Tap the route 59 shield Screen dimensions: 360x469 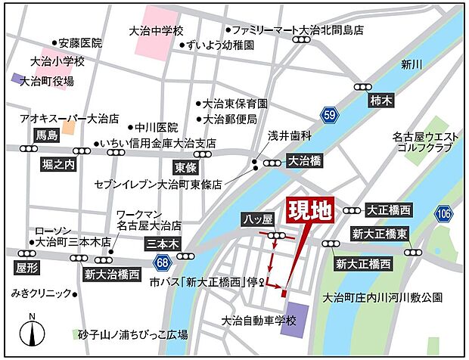click(328, 115)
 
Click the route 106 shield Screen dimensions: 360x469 click(443, 214)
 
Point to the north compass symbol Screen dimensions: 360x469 click(32, 331)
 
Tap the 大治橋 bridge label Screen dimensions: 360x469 click(305, 161)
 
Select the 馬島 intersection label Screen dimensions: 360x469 click(47, 136)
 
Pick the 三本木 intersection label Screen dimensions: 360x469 click(162, 244)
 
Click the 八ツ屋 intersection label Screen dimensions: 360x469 click(257, 219)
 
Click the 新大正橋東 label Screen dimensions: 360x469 click(380, 234)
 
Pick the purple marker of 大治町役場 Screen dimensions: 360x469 click(17, 78)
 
